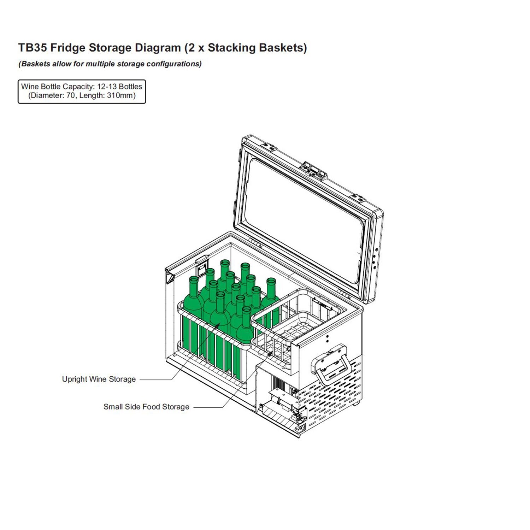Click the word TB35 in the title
32,48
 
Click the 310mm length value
121,95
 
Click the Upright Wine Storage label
99,379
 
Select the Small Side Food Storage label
146,407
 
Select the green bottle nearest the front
245,329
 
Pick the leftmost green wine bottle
193,300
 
